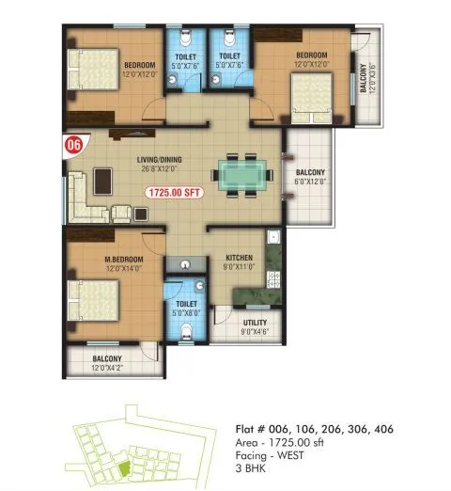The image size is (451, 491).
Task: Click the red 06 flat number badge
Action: coord(70,145)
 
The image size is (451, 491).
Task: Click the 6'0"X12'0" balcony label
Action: coord(310,181)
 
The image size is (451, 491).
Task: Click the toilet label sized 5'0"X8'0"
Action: coord(185,309)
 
